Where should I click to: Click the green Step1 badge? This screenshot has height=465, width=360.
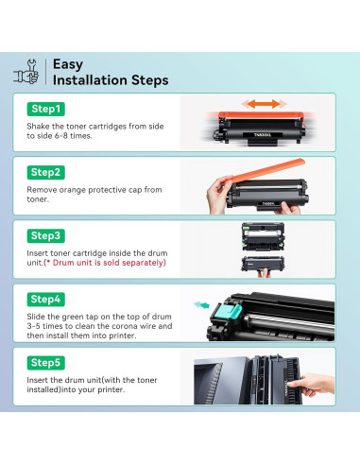coord(46,109)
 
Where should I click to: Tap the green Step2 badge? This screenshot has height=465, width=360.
coord(46,172)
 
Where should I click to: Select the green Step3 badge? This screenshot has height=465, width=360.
coord(46,235)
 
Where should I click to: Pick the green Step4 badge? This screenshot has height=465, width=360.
coord(46,300)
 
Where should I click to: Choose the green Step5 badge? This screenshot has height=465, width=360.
coord(46,363)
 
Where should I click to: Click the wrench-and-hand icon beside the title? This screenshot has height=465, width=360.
coord(26,72)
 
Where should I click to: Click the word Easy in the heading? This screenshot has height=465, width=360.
coord(68,64)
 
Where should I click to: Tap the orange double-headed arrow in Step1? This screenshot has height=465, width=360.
coord(264,104)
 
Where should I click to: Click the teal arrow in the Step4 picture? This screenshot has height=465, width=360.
coord(201,304)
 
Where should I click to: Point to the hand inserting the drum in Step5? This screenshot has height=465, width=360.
coord(312,384)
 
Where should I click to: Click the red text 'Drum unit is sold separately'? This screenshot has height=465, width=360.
coord(105,263)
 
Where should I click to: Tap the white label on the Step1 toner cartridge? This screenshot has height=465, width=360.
coord(262,135)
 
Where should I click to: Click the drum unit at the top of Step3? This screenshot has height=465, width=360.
coord(263,236)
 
